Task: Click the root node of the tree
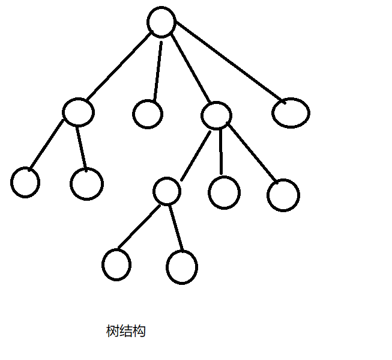[x=161, y=22]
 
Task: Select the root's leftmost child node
[x=78, y=112]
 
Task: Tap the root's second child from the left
[x=148, y=114]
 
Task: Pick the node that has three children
[x=216, y=115]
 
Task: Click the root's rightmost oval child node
[x=291, y=112]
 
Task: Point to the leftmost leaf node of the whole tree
[x=25, y=183]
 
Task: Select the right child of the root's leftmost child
[x=86, y=183]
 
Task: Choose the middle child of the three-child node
[x=224, y=192]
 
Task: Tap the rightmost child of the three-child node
[x=283, y=195]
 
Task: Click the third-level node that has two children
[x=166, y=192]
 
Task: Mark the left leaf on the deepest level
[x=116, y=264]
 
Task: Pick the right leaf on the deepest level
[x=181, y=267]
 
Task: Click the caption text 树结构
[x=125, y=331]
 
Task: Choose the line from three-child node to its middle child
[x=221, y=151]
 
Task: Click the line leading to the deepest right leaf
[x=176, y=229]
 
